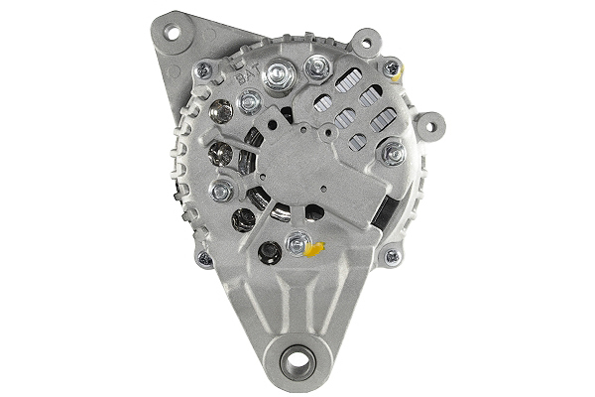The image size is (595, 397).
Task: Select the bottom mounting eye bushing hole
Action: point(297,361)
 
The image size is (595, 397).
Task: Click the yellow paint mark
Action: point(315,247)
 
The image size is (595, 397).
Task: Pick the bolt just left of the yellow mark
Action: point(296,242)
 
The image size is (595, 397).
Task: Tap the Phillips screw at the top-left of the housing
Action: point(204,68)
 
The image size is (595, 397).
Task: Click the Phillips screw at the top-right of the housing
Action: point(392,68)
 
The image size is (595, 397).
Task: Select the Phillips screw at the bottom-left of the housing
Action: point(204,258)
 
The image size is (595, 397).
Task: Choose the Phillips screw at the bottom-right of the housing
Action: point(392,256)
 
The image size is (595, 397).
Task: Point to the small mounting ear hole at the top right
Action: point(367,43)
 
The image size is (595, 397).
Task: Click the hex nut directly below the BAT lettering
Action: point(250,99)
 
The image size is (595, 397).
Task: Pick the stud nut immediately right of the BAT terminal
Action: point(316,67)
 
